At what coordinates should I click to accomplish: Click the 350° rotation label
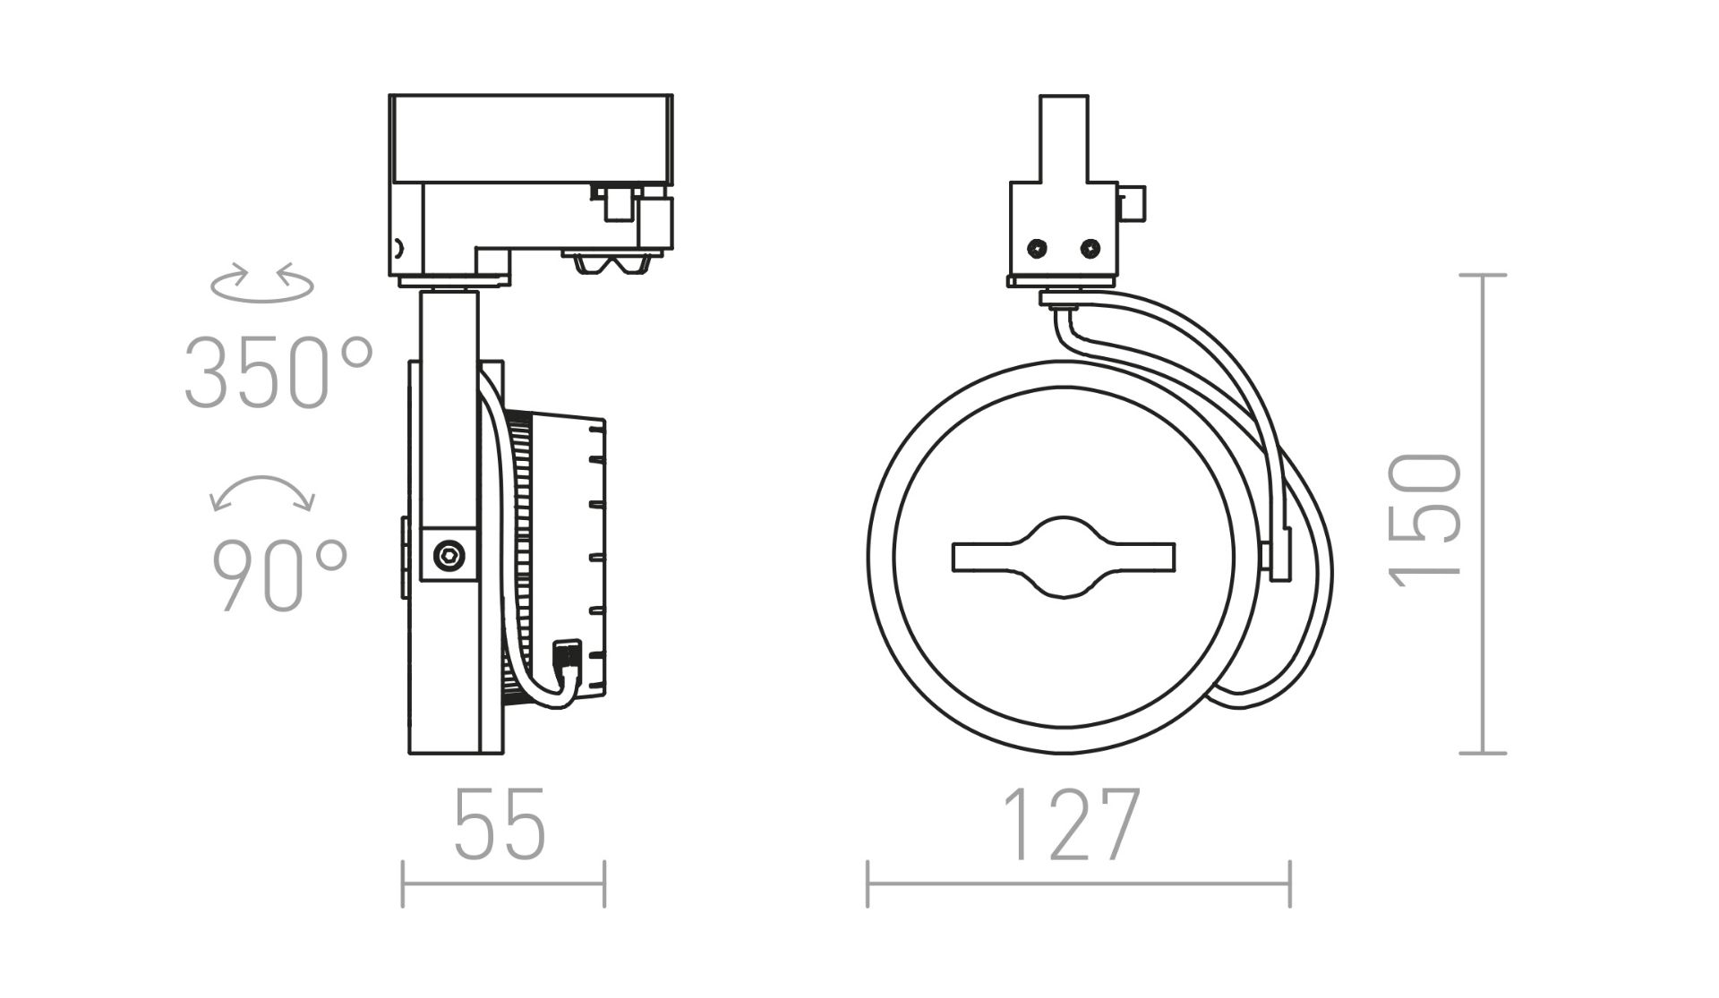click(278, 372)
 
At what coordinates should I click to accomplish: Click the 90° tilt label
click(278, 575)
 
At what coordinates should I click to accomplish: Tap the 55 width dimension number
click(500, 824)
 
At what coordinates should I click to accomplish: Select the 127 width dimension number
click(1071, 824)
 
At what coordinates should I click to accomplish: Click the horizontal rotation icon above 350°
click(262, 282)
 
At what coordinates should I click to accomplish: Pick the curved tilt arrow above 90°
click(262, 492)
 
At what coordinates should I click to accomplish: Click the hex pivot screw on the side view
click(449, 555)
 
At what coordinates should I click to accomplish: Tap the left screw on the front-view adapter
click(1038, 247)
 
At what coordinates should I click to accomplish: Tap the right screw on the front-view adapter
click(1090, 247)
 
